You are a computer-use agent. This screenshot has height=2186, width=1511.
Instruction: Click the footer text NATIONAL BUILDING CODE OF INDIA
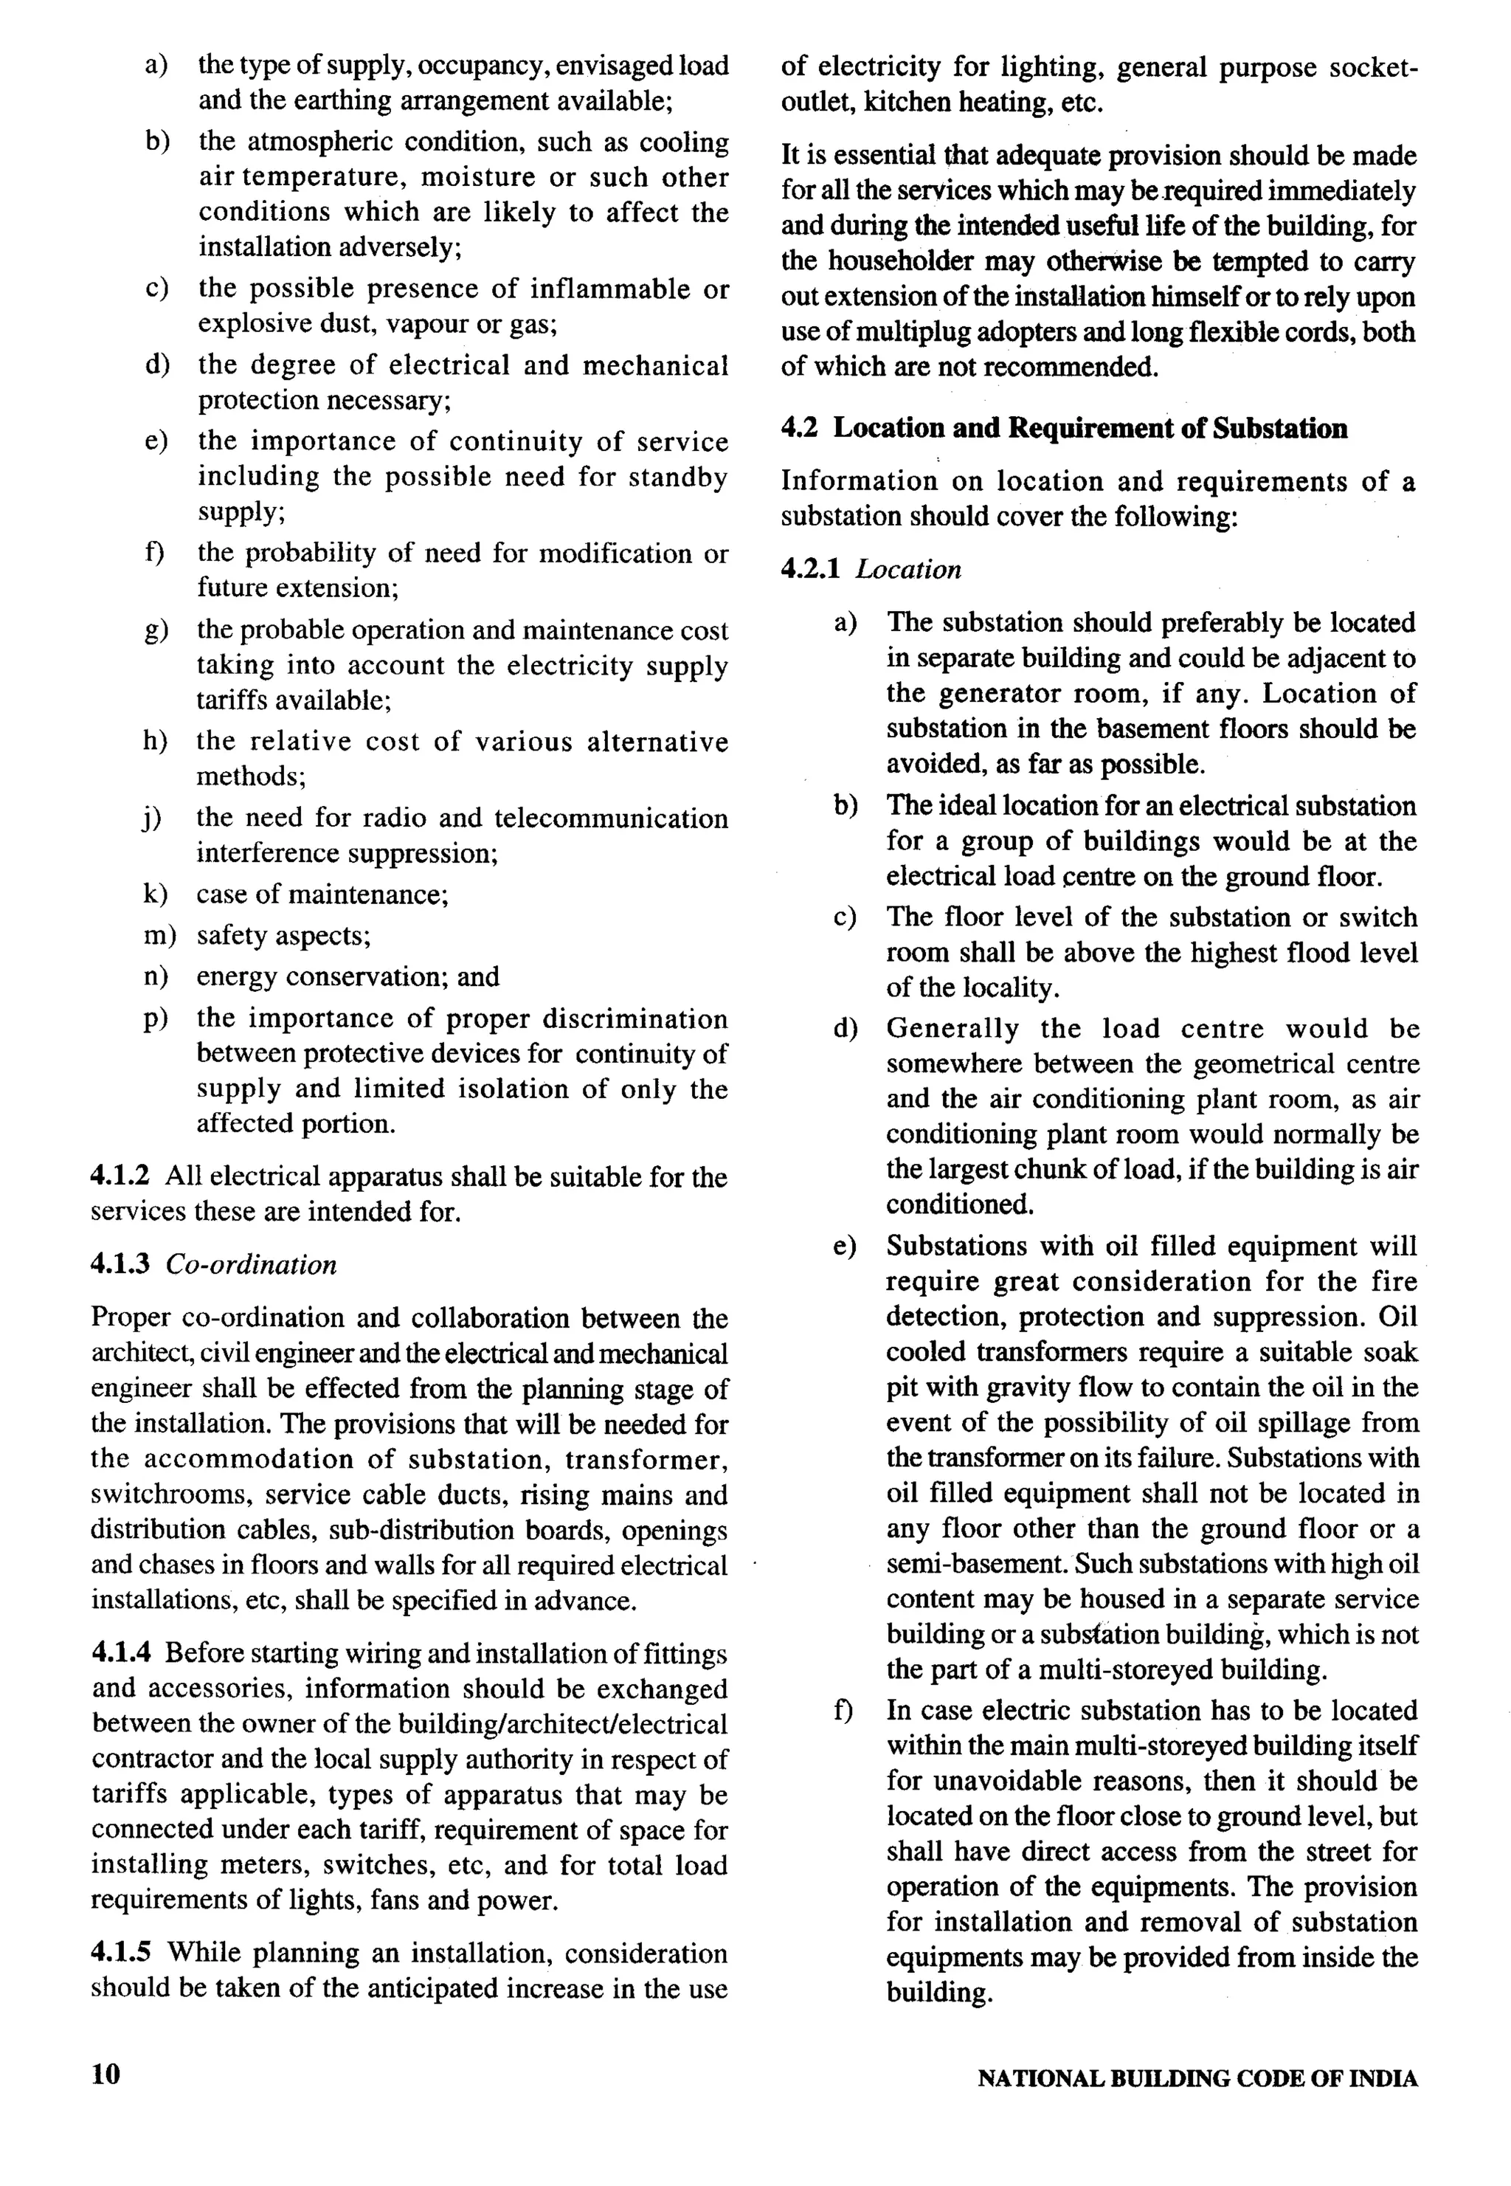1197,2080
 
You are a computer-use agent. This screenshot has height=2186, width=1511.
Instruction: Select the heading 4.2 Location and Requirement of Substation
1063,429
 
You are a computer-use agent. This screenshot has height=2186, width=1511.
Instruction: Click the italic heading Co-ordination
251,1265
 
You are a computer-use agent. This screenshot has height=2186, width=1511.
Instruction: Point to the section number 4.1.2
120,1177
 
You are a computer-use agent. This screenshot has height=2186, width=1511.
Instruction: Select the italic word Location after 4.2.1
908,570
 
